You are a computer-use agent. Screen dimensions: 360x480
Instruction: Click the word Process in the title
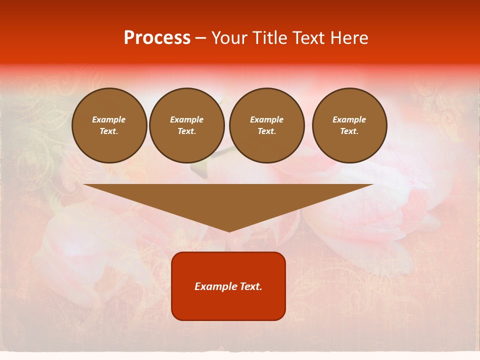(157, 38)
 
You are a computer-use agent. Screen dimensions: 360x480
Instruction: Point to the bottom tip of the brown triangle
(229, 231)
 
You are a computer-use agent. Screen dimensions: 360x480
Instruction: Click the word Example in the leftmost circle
(109, 119)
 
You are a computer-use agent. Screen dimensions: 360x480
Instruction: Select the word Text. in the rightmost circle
(349, 131)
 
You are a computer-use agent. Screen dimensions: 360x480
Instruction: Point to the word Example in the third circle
(267, 119)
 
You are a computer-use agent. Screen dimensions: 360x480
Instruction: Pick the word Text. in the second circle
(187, 131)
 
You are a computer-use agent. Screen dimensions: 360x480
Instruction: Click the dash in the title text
(200, 38)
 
